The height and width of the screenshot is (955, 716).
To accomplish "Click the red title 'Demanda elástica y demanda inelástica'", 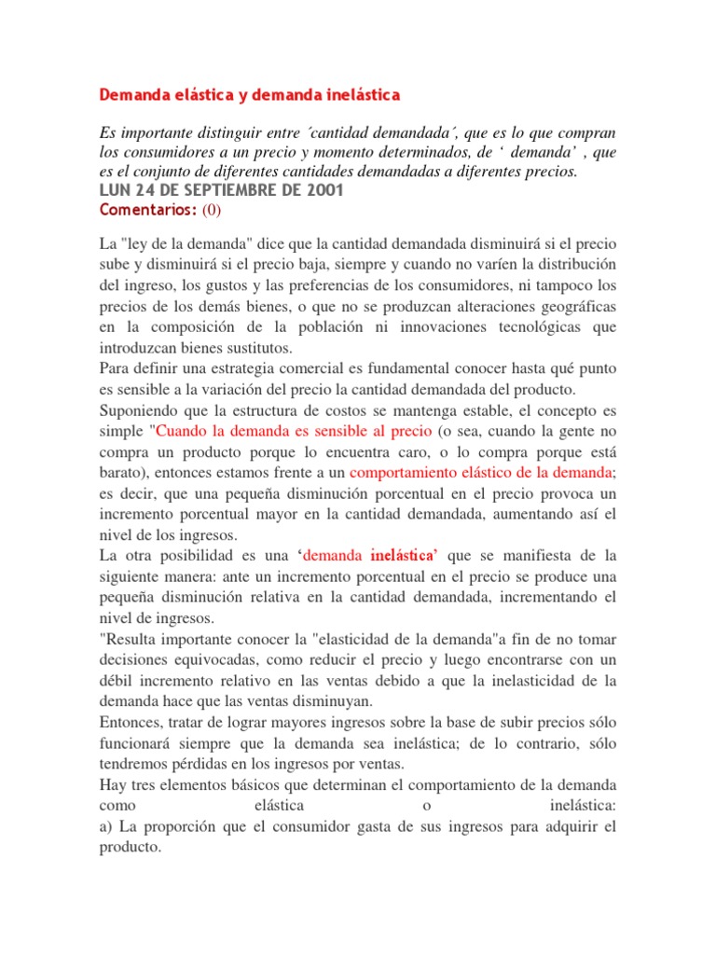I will coord(249,95).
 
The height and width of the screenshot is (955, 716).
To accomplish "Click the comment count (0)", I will coord(212,210).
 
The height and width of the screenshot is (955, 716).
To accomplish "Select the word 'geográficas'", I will coord(570,306).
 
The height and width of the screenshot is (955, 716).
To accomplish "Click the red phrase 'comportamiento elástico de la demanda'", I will coord(480,472).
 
